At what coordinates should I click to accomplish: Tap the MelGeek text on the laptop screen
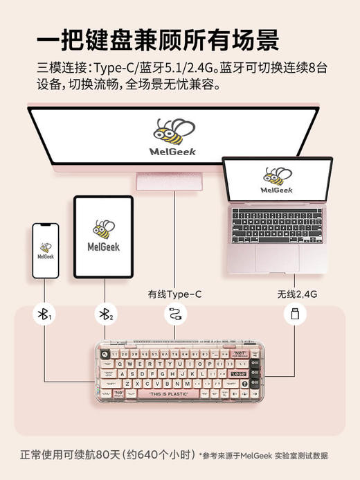277,190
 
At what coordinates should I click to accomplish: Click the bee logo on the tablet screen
103,228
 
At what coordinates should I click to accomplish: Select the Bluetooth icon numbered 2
104,315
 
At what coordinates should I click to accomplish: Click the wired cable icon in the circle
174,315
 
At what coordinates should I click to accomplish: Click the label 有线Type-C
174,294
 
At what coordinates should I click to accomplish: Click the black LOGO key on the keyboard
238,373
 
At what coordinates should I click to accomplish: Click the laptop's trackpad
277,258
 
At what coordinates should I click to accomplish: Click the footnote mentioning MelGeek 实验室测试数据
263,456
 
